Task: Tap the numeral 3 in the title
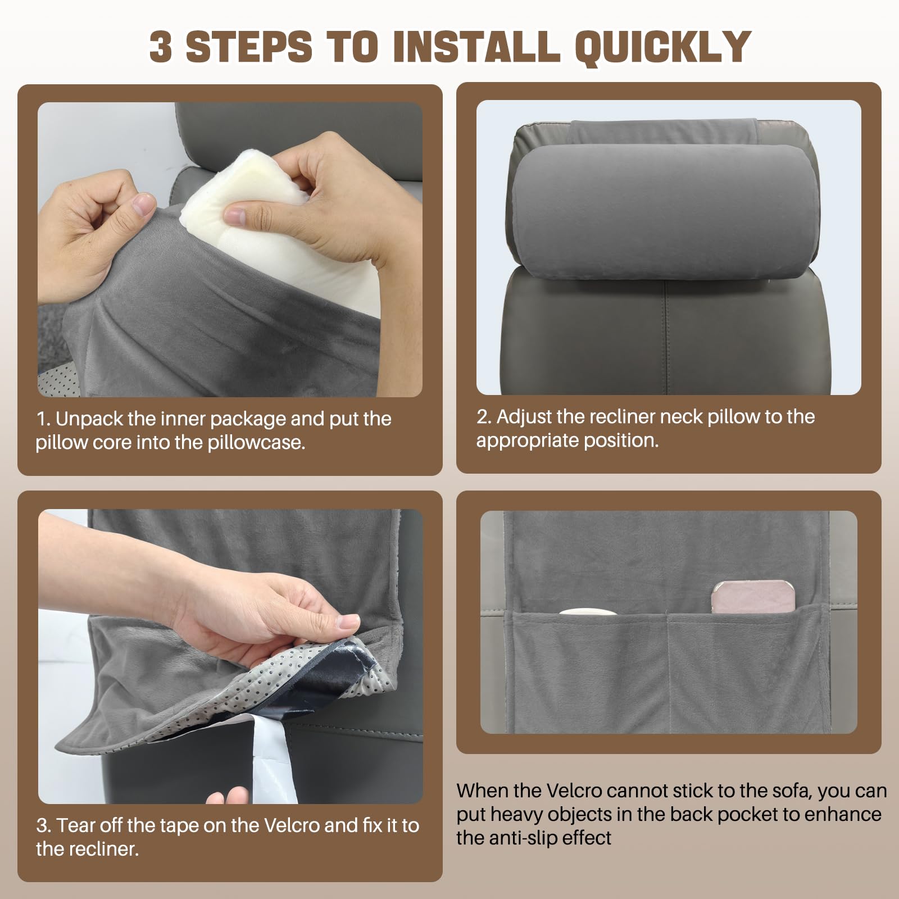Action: [x=161, y=46]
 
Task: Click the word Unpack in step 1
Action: [x=89, y=420]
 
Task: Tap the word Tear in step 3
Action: [x=76, y=825]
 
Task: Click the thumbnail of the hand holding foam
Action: [x=230, y=249]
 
